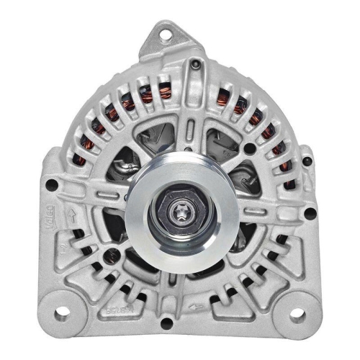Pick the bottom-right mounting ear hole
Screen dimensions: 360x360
[297, 312]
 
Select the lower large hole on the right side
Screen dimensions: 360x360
[308, 213]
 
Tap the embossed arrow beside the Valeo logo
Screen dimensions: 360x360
[72, 215]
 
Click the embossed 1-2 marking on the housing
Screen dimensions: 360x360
[67, 245]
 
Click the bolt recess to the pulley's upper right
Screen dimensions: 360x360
[248, 149]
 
